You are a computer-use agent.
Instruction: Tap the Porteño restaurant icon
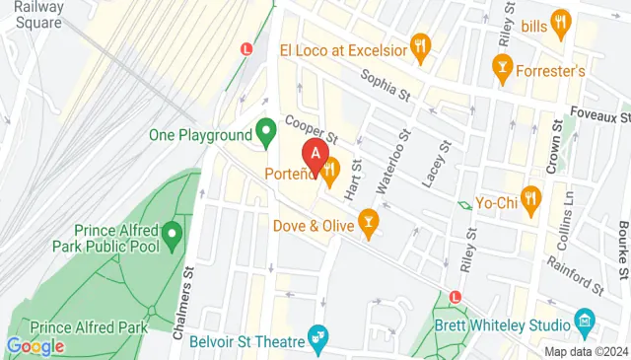click(x=329, y=171)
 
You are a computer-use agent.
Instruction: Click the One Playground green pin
click(x=265, y=130)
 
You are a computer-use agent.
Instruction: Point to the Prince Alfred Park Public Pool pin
click(x=173, y=235)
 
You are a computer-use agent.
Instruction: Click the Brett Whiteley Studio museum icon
click(x=584, y=322)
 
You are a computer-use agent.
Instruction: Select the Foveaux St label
click(x=597, y=116)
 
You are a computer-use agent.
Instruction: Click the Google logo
click(x=35, y=346)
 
